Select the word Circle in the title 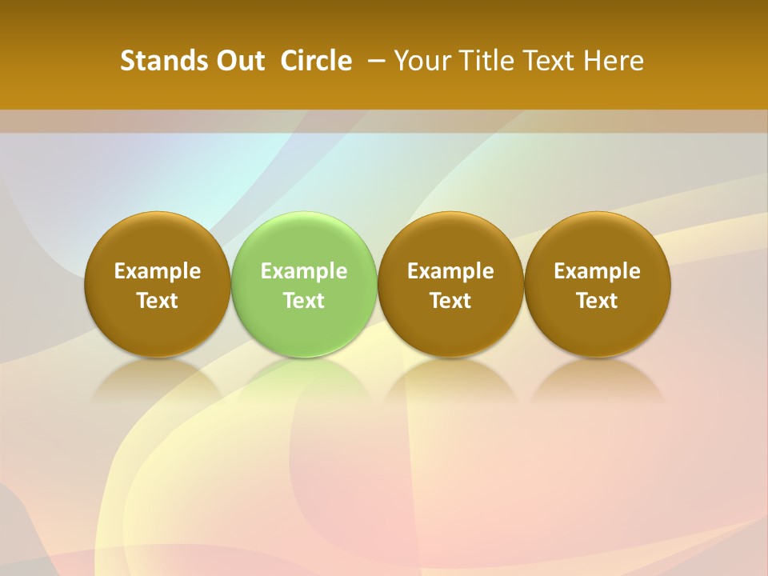316,61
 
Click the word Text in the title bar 546,61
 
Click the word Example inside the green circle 304,271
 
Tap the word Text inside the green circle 304,301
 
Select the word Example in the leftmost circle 158,271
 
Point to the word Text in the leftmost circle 158,301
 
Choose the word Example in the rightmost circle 597,271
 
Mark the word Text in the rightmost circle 597,301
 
